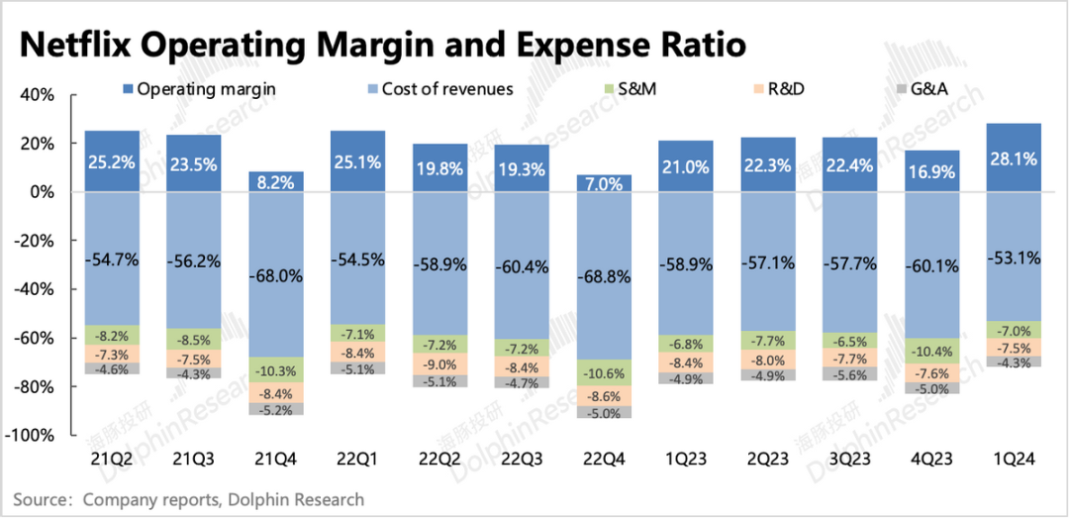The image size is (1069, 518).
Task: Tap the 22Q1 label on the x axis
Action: (x=356, y=459)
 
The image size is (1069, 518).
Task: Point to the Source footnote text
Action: (x=188, y=499)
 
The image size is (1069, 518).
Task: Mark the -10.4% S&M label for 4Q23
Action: (x=931, y=351)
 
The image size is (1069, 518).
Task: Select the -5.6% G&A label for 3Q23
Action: (x=849, y=375)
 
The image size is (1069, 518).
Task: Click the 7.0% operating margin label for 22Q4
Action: (x=602, y=183)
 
